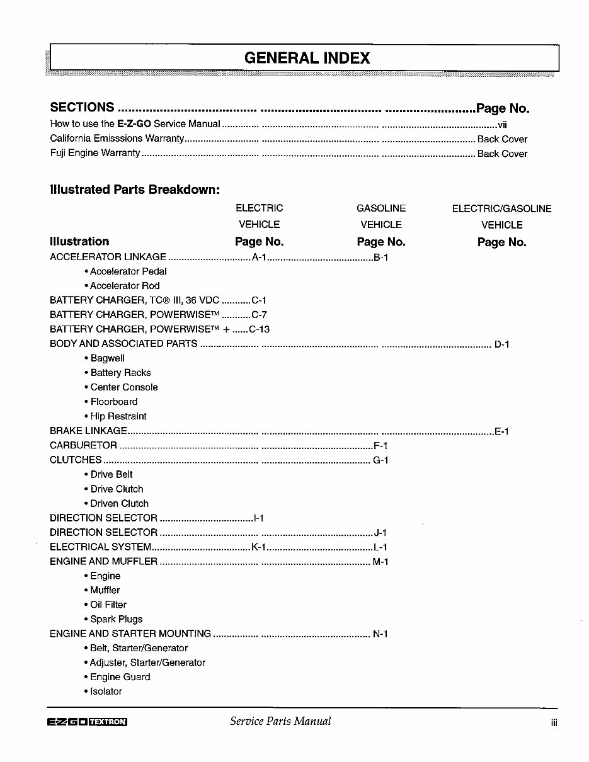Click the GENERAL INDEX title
306,59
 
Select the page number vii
502,125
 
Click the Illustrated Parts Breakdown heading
134,190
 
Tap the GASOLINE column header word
381,208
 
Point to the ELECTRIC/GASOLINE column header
501,208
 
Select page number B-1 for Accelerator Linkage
381,257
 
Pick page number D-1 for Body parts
501,344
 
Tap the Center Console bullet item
123,387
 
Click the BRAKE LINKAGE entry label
88,431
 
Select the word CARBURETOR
83,446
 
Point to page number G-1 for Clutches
380,460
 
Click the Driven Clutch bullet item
119,504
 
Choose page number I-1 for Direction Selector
258,518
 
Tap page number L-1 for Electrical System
380,547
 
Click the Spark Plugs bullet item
116,619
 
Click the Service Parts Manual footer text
280,722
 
